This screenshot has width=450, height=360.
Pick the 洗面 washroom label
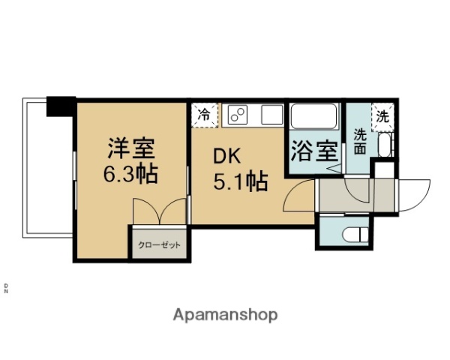click(360, 142)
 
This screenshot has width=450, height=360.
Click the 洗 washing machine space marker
click(382, 116)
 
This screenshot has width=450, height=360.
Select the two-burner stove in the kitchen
click(238, 115)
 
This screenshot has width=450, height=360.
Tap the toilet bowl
click(351, 234)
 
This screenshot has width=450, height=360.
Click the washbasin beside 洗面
click(384, 144)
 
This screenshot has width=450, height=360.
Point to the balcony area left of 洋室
click(49, 169)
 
